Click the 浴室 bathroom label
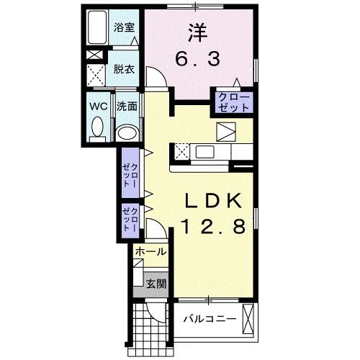coord(125,29)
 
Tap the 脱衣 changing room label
coord(125,69)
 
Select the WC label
coord(97,106)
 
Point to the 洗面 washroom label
coord(127,106)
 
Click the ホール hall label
coord(150,253)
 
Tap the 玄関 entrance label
coord(156,283)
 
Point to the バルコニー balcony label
coord(209,318)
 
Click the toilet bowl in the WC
coord(97,130)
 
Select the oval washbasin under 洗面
coord(127,133)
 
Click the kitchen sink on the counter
coord(204,152)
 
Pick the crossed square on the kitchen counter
coord(181,152)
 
